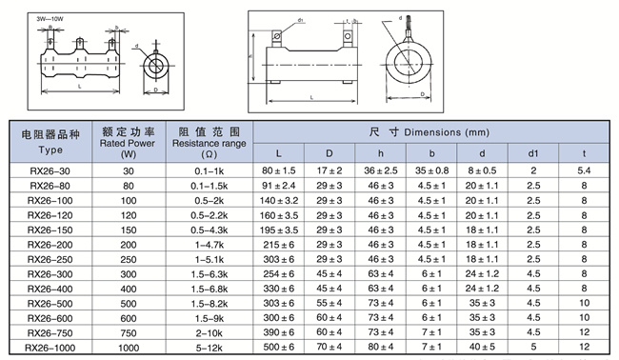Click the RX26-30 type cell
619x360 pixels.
[50, 170]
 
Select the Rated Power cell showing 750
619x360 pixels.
[129, 333]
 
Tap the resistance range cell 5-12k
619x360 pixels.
[210, 348]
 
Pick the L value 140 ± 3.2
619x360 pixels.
[279, 201]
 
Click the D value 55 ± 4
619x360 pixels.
[329, 303]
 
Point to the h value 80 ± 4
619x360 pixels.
[381, 347]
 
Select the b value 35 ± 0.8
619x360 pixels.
[432, 170]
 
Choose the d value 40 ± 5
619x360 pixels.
[482, 347]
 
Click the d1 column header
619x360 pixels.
[533, 153]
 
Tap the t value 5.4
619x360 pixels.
[585, 170]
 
